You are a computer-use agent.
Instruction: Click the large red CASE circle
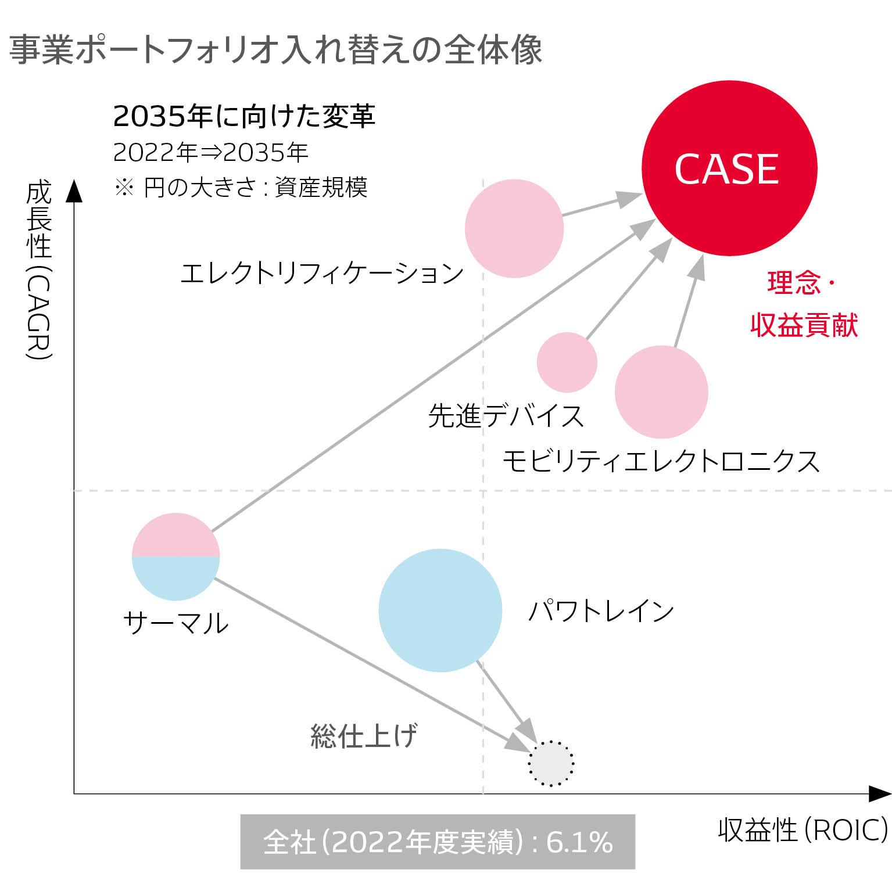click(729, 168)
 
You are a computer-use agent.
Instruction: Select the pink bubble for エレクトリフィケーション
click(514, 228)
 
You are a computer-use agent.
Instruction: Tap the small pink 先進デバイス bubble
click(567, 362)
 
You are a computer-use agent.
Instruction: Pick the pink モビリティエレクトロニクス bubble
click(661, 392)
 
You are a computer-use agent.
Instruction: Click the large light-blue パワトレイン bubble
click(440, 610)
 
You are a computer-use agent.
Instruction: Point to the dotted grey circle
click(551, 763)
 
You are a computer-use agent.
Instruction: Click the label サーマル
click(176, 623)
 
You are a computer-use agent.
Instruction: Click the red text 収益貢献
click(804, 325)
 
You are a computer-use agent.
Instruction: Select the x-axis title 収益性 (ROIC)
click(803, 830)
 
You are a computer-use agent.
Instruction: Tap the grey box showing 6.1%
click(438, 842)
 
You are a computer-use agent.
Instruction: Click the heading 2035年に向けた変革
click(244, 117)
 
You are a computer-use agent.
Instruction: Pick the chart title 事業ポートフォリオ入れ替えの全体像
click(276, 49)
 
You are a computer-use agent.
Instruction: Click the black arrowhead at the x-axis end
click(880, 793)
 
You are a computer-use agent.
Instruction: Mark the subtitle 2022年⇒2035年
click(210, 152)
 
